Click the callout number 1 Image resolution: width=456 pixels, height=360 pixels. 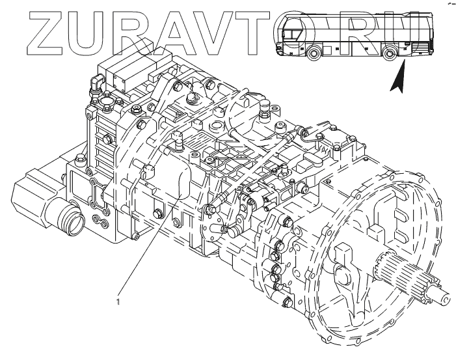pos(118,301)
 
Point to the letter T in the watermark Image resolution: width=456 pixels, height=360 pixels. pos(236,31)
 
